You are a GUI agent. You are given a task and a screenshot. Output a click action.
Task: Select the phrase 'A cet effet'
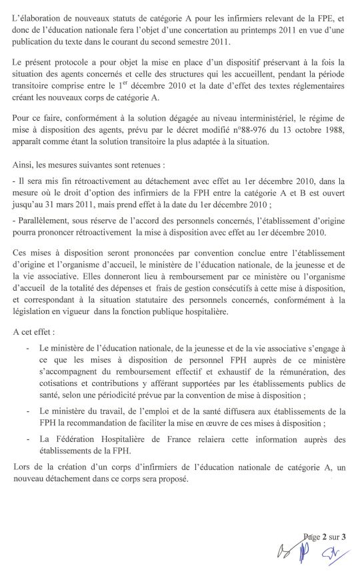coord(34,331)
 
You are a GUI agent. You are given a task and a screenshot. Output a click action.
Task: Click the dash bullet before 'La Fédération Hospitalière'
coord(27,459)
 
